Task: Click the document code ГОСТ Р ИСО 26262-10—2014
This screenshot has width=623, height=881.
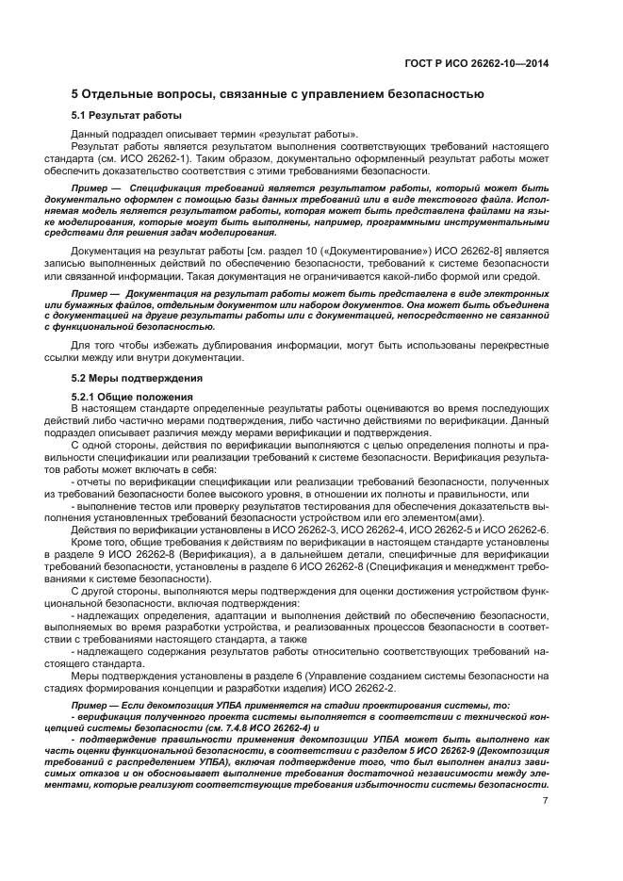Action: coord(481,64)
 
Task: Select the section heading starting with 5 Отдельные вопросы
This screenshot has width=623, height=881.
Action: coord(278,94)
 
